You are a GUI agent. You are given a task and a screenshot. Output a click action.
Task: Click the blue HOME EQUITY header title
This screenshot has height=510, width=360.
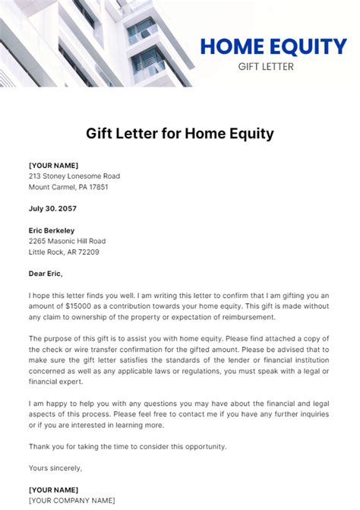point(273,47)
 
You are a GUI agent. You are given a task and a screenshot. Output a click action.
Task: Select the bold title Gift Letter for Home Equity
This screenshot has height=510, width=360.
point(179,135)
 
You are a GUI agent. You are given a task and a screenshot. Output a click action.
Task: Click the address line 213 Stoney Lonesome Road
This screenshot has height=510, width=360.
point(74,176)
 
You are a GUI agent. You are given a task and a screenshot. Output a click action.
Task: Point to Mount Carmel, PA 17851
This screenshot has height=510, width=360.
point(68,187)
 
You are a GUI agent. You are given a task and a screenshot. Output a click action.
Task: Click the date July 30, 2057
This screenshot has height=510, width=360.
point(52,208)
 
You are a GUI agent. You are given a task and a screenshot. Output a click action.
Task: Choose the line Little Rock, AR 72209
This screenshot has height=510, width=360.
point(64,252)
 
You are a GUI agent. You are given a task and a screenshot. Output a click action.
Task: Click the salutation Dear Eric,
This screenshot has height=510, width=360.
point(46,274)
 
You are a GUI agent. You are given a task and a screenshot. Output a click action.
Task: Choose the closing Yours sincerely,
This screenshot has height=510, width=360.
point(55,467)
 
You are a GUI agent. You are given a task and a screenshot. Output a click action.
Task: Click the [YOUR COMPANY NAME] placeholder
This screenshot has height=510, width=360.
point(71,500)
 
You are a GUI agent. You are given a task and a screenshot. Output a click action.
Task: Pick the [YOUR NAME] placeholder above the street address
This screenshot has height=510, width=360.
point(53,165)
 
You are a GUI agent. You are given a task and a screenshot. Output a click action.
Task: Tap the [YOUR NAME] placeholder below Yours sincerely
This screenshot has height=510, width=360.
point(53,489)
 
